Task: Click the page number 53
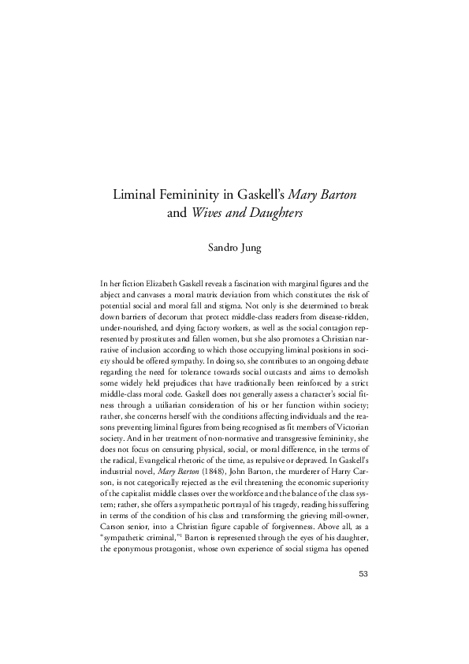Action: click(363, 617)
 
